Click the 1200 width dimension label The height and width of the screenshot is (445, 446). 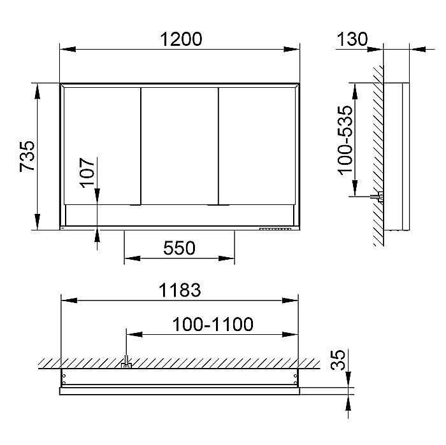coord(181,39)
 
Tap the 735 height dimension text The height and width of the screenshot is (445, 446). coord(27,156)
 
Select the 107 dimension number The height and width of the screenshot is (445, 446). coord(87,173)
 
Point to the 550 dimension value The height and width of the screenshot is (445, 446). coord(179,248)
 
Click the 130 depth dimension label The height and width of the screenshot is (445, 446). coord(352,39)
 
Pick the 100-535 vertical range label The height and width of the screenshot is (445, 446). coord(345,140)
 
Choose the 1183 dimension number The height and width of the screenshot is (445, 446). coord(180,290)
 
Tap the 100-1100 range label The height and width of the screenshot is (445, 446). coord(213,324)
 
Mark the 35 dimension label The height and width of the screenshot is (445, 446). coord(338,360)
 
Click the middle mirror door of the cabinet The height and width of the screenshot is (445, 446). coord(180,146)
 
